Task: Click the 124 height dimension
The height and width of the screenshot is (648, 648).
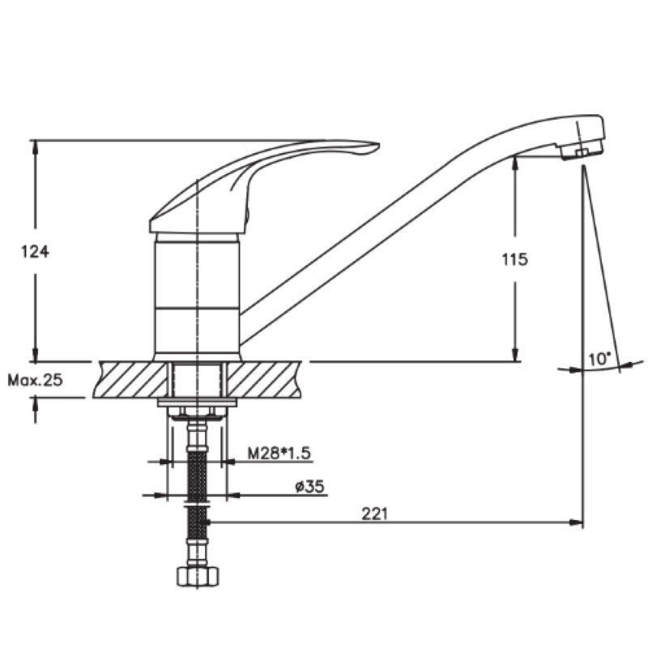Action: pos(35,251)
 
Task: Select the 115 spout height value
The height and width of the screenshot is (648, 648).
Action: pos(515,259)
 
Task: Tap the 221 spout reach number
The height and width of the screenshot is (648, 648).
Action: pos(375,514)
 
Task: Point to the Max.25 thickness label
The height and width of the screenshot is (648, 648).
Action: pos(35,380)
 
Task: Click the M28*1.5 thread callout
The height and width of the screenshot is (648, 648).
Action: pos(279,454)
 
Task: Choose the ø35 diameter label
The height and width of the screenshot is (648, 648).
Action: pos(310,487)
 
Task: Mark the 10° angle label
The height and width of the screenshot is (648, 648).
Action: pos(599,359)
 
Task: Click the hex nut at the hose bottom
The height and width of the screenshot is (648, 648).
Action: pos(198,577)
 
